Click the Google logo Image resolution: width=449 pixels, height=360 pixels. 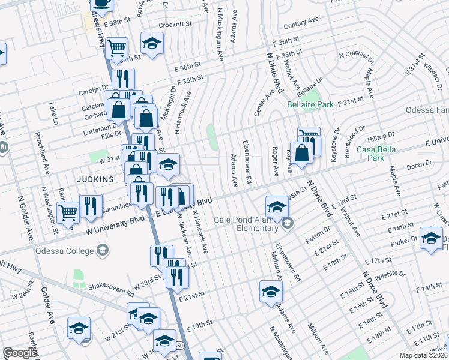click(20, 353)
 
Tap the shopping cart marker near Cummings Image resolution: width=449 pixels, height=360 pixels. click(68, 212)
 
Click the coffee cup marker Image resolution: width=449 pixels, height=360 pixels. click(101, 5)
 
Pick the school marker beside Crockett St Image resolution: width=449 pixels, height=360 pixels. click(152, 43)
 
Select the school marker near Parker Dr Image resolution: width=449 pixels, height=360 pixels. click(431, 238)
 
